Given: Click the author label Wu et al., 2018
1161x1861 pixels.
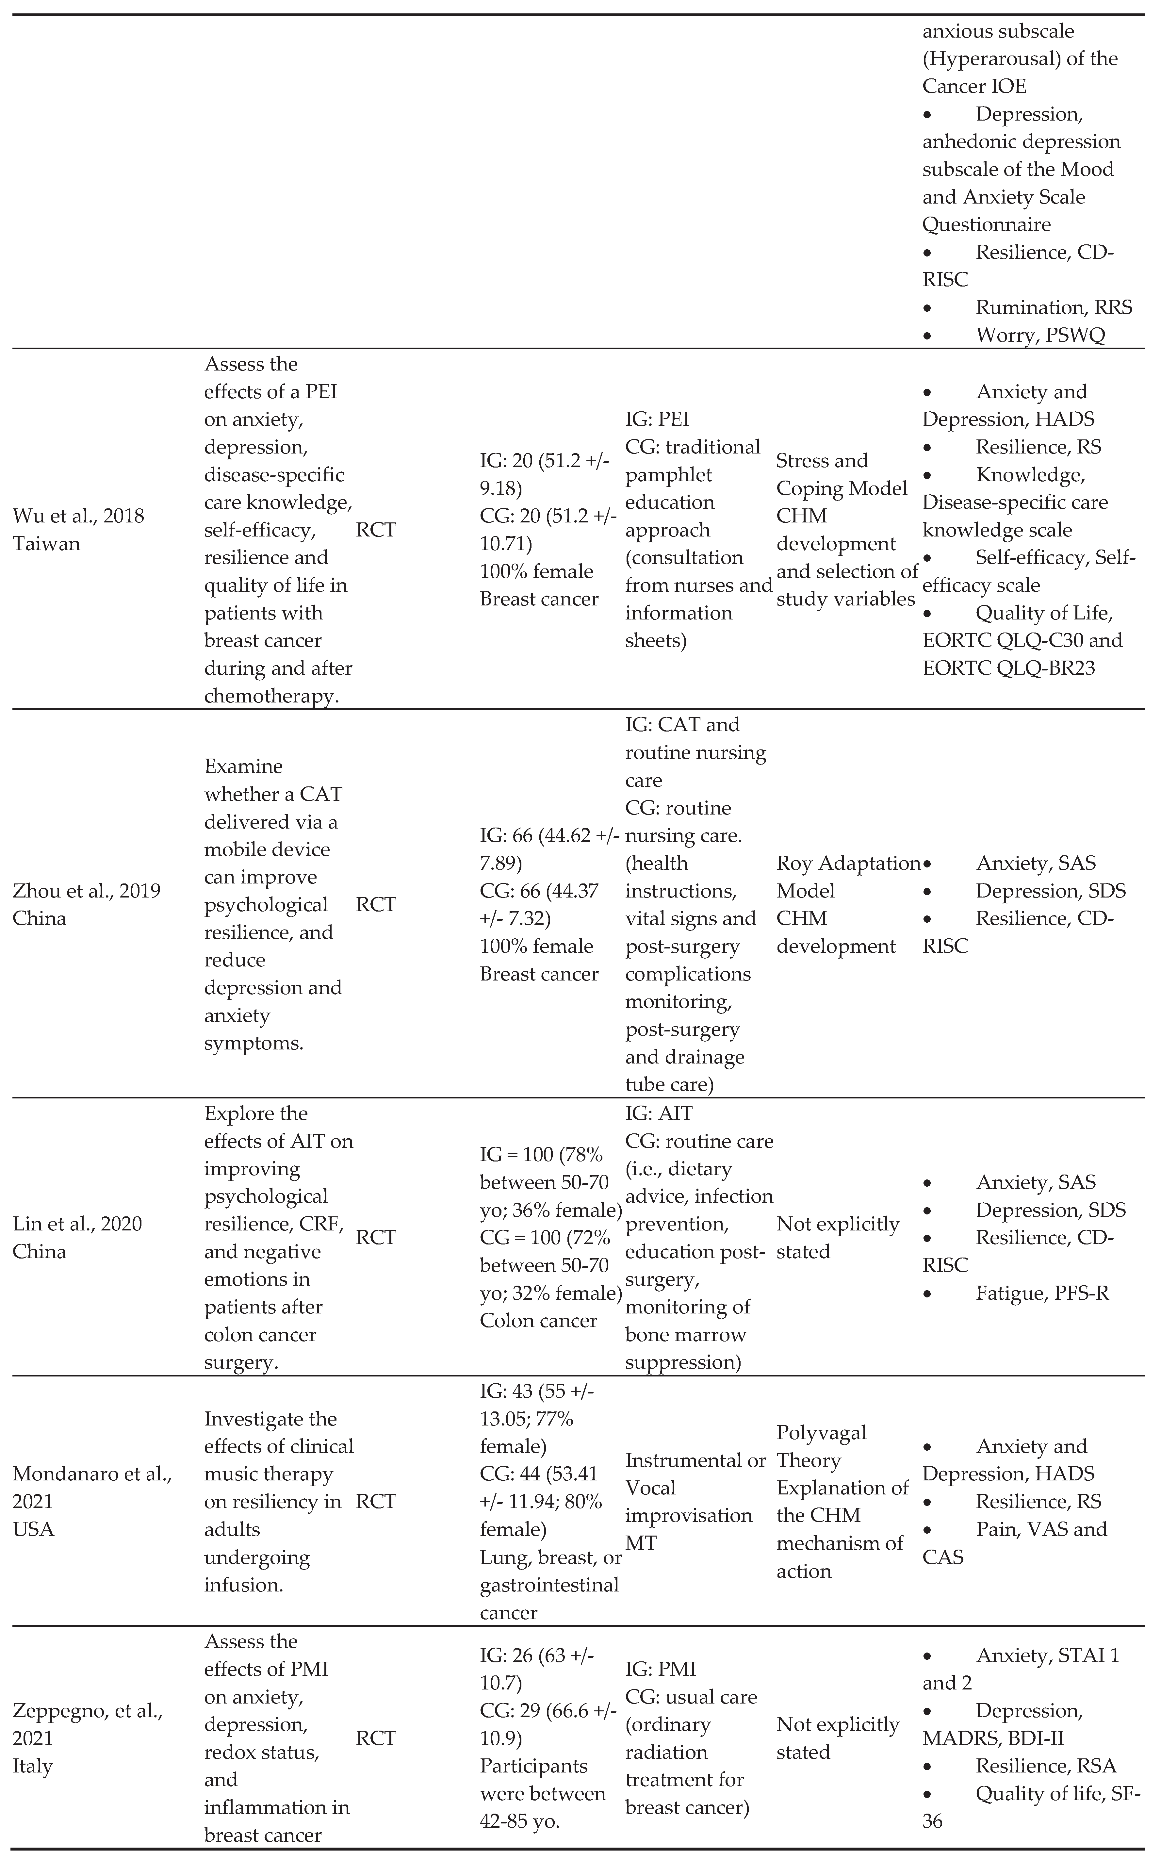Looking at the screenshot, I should [x=78, y=516].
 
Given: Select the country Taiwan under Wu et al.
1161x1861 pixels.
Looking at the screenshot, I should [x=46, y=544].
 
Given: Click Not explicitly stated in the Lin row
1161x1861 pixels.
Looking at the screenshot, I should [x=838, y=1238].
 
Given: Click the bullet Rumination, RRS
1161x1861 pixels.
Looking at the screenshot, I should [x=1054, y=307].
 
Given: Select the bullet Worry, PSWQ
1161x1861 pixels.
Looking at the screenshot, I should [x=1040, y=336].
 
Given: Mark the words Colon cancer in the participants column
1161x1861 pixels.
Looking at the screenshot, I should [x=538, y=1321].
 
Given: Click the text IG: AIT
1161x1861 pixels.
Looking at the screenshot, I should [x=658, y=1113].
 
